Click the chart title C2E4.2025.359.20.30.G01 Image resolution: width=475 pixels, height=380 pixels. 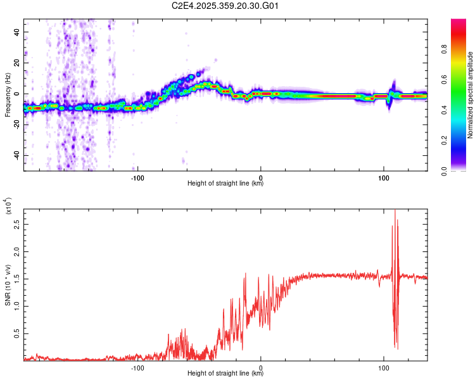(225, 6)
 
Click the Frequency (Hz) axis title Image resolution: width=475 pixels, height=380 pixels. (8, 95)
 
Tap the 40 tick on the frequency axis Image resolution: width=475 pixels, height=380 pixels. (18, 32)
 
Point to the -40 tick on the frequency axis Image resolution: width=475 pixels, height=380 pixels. (16, 156)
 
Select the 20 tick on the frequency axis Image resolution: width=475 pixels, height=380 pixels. (18, 63)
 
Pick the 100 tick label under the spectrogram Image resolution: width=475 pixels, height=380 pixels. (383, 177)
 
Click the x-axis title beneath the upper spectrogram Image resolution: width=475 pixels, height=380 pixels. (225, 184)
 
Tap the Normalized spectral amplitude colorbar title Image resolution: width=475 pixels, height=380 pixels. (471, 95)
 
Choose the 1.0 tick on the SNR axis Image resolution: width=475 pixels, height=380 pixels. (18, 305)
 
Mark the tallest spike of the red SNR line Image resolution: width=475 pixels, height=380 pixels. (395, 210)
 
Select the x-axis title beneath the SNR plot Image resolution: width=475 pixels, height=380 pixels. (225, 374)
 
